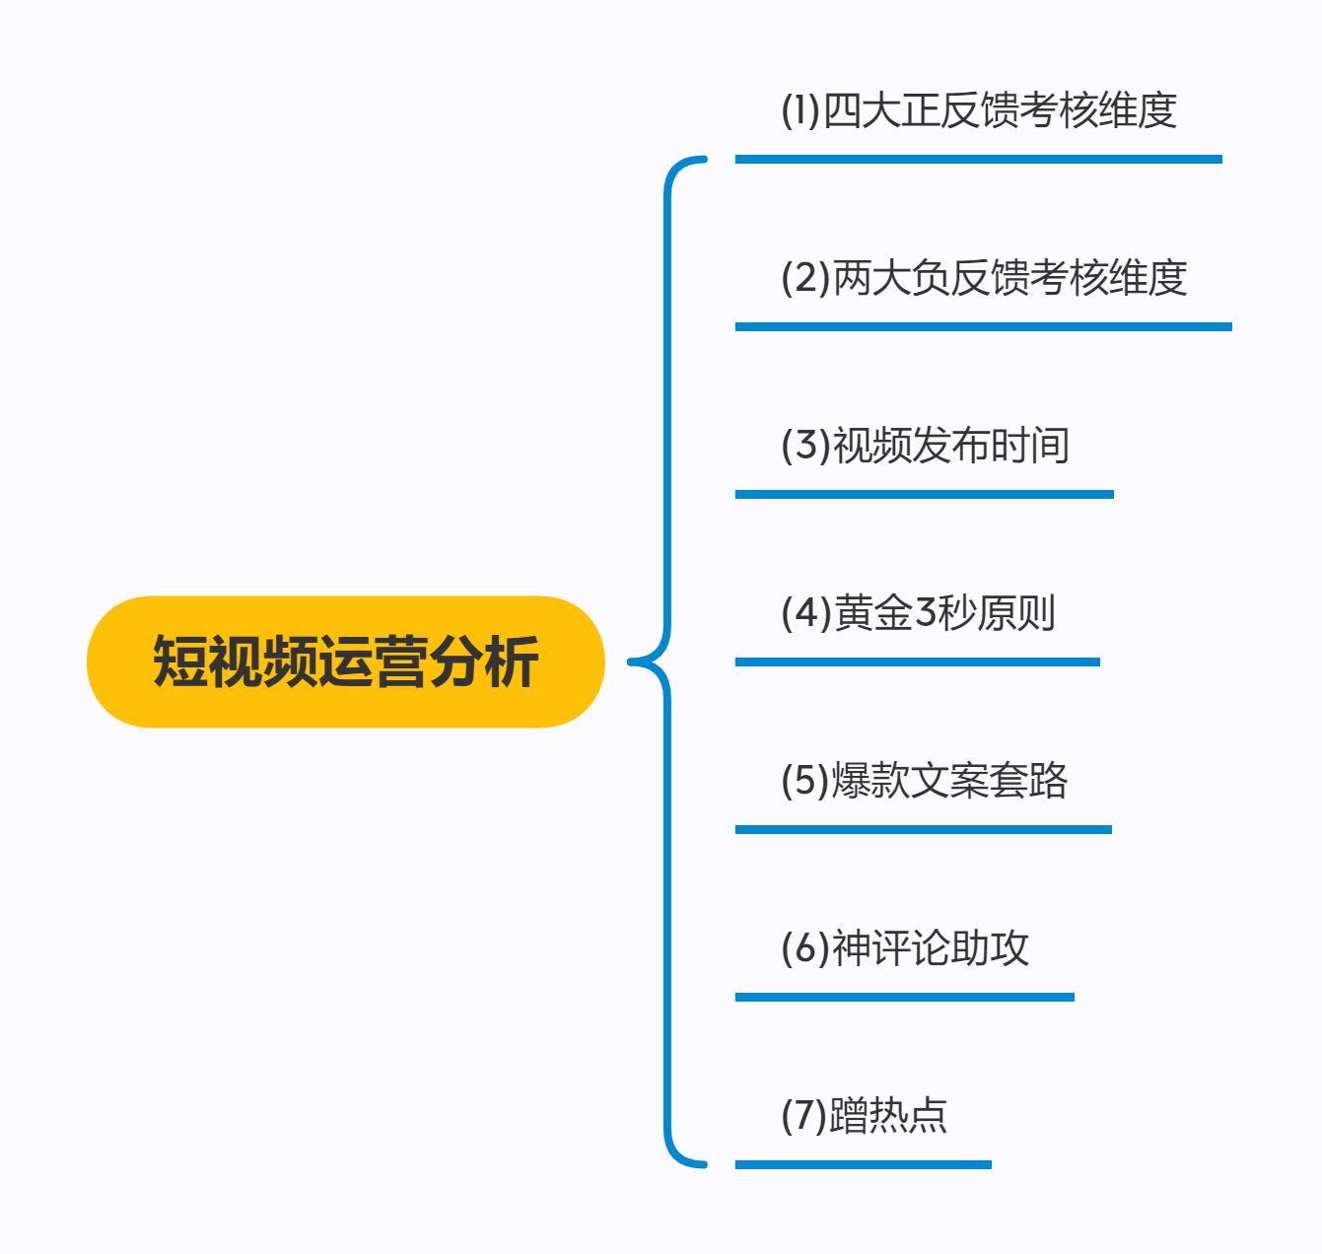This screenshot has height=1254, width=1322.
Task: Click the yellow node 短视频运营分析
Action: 345,662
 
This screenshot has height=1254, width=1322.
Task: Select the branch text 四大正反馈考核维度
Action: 1000,109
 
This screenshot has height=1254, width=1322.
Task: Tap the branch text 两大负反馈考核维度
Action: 1009,277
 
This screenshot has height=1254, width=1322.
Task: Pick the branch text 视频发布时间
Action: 951,445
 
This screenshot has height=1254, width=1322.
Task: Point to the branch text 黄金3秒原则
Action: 944,612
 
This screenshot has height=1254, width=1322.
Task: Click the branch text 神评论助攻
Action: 931,947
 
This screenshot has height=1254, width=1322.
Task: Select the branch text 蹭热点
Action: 888,1115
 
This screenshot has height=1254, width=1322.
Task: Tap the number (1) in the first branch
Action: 800,109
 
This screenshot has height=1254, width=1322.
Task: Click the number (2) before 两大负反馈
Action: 805,277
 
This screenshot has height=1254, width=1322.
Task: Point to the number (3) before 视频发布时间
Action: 805,445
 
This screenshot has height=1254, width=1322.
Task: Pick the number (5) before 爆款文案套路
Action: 805,780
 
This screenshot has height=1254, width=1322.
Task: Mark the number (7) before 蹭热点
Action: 804,1115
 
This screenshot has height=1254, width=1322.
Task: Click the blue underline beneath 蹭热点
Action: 863,1164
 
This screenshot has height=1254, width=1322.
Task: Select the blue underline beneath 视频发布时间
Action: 924,494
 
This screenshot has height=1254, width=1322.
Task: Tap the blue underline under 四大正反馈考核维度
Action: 978,159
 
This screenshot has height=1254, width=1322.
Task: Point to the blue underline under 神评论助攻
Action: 904,997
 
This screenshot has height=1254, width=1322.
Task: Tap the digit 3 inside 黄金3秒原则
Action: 925,612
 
